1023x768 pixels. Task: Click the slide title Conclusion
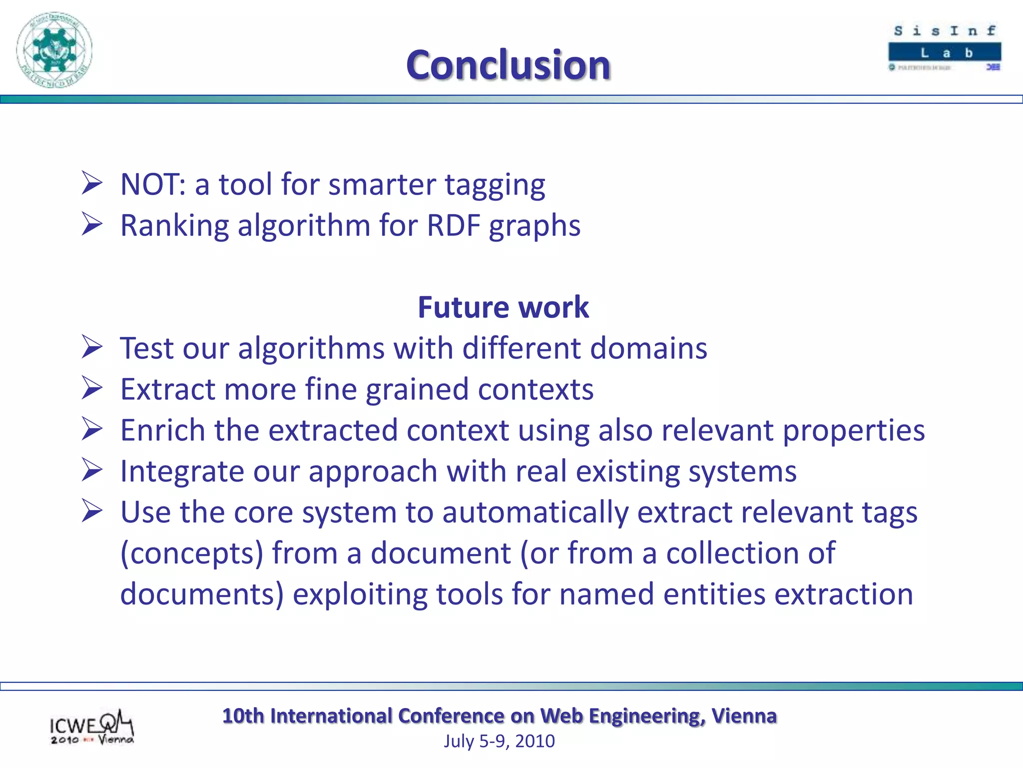[508, 65]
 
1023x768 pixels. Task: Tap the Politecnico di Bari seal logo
[54, 50]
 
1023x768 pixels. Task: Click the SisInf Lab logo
[945, 48]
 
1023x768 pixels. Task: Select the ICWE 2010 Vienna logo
[91, 727]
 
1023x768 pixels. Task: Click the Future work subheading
[503, 307]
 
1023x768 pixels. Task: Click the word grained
[417, 389]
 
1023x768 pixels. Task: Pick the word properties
[854, 431]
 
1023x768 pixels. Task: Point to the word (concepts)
[192, 554]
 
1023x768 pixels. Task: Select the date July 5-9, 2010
[500, 741]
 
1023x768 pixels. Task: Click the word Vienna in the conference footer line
[744, 716]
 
